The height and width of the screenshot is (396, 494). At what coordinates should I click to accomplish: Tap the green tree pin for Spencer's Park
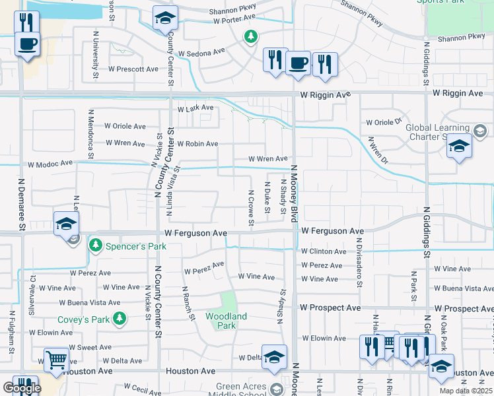click(x=96, y=246)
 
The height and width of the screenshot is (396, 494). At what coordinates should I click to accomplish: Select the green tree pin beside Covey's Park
click(x=120, y=320)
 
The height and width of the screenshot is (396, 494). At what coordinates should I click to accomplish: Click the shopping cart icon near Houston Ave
click(x=56, y=360)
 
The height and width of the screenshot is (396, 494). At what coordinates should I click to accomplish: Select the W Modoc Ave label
click(x=50, y=164)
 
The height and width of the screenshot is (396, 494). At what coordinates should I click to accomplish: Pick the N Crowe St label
click(x=251, y=207)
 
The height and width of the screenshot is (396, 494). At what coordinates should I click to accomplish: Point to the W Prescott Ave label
click(x=134, y=69)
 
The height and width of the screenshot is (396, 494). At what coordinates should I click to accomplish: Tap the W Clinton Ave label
click(x=323, y=251)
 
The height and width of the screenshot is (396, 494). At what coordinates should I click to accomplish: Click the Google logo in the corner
click(x=21, y=388)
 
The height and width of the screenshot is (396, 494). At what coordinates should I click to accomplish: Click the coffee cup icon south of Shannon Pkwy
click(x=298, y=63)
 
